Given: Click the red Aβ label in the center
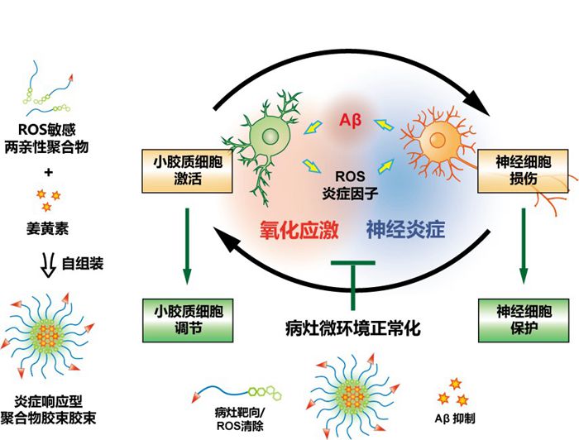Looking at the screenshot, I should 351,122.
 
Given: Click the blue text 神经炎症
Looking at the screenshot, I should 405,231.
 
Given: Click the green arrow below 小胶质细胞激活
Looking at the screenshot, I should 187,245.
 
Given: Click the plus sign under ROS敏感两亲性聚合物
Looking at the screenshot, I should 49,173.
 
